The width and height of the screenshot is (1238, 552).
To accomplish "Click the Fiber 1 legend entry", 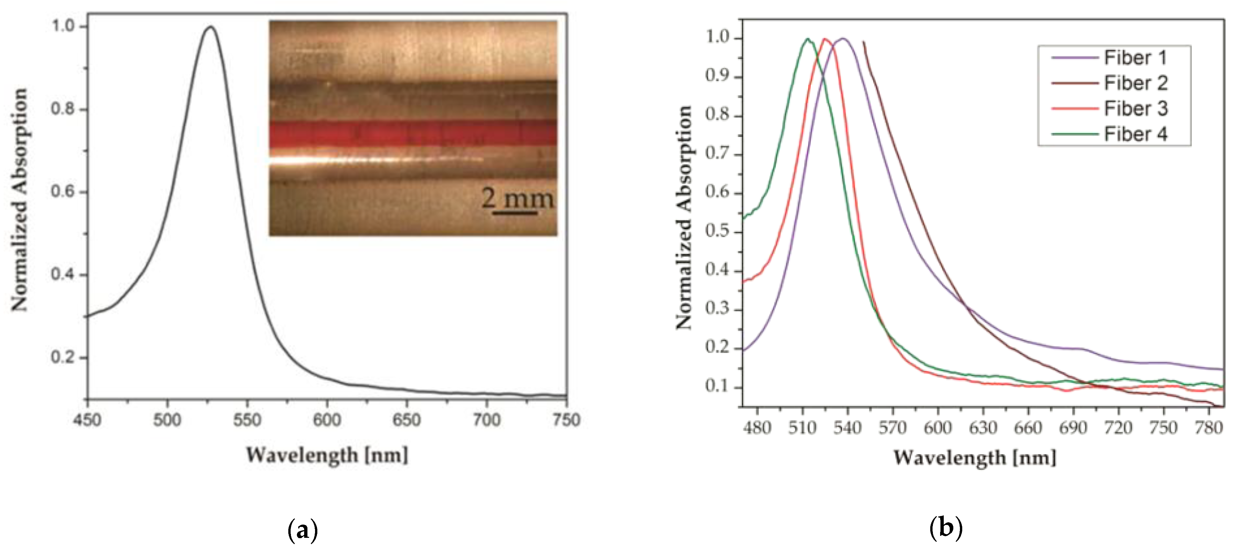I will coord(1135,58).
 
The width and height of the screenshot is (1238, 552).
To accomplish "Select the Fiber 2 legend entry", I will coord(1135,83).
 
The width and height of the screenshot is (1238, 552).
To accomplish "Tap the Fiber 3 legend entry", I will coord(1135,109).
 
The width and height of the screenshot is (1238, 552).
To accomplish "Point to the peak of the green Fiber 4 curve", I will coord(808,39).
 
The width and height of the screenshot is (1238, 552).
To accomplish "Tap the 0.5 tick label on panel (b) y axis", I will coord(716,231).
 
